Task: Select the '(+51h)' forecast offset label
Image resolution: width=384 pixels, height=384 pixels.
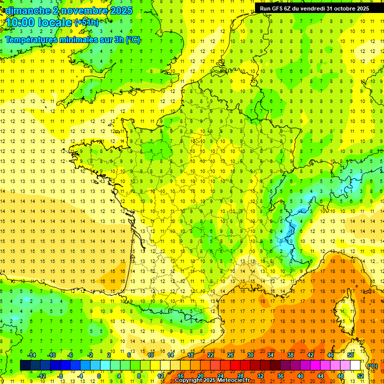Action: tap(86, 22)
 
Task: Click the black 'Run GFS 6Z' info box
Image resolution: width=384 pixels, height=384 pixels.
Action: tap(314, 8)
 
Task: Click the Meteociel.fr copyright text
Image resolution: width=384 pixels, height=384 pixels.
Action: tap(215, 380)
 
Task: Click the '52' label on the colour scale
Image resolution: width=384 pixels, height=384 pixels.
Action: tap(360, 376)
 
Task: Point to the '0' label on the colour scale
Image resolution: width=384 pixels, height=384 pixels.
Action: tap(99, 376)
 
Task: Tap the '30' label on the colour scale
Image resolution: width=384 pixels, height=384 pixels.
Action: tap(250, 355)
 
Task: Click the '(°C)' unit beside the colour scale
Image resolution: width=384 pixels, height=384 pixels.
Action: tap(372, 366)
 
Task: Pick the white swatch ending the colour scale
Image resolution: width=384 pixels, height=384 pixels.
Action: tap(355, 365)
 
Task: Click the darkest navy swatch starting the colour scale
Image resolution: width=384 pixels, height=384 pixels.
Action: tap(25, 365)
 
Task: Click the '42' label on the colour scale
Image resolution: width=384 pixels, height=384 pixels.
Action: tap(310, 355)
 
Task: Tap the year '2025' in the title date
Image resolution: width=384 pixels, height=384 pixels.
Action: tap(119, 10)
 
